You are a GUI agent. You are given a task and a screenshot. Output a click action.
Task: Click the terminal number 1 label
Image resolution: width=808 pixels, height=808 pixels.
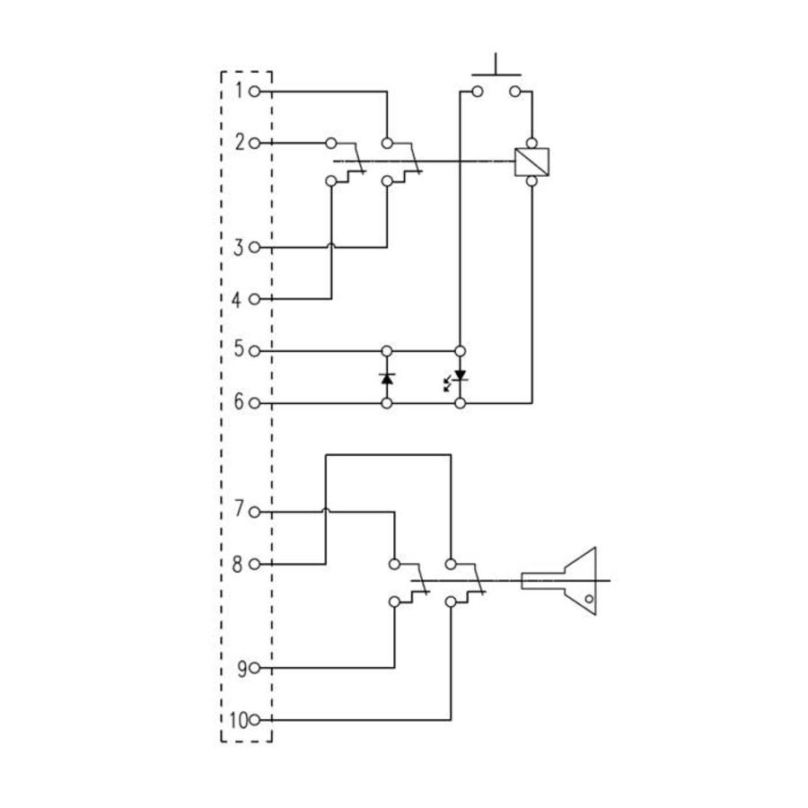pos(240,91)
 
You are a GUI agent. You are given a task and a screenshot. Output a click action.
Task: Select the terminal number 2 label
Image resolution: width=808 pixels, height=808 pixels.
pos(240,143)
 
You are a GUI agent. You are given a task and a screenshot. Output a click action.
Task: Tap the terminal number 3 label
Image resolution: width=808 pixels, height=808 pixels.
pos(239,247)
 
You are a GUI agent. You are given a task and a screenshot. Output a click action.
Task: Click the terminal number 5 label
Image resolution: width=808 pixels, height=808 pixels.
pos(239,350)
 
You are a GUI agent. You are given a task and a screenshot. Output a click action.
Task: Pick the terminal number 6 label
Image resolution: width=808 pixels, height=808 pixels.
pos(239,402)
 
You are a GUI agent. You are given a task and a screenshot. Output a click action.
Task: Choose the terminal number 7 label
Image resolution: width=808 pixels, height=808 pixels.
pos(239,511)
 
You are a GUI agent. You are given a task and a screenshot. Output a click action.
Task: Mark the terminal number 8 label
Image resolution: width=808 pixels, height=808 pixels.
pos(239,564)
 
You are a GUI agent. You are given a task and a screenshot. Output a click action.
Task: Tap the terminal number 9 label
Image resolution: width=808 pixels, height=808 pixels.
pos(241,668)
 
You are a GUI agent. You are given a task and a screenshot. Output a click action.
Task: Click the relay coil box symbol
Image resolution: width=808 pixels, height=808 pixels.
pos(531,162)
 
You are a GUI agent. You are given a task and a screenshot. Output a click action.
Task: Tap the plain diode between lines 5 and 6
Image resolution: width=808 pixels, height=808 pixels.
pos(387,378)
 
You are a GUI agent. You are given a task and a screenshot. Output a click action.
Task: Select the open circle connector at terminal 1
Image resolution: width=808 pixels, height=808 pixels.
pos(255,91)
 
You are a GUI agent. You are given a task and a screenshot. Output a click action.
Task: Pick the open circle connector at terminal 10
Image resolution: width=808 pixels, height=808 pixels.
pos(255,720)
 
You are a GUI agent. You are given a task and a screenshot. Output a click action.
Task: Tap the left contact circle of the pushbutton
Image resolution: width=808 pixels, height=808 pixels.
pos(477,91)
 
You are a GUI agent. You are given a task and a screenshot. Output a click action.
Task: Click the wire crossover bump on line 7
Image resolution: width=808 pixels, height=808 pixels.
pos(325,511)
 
